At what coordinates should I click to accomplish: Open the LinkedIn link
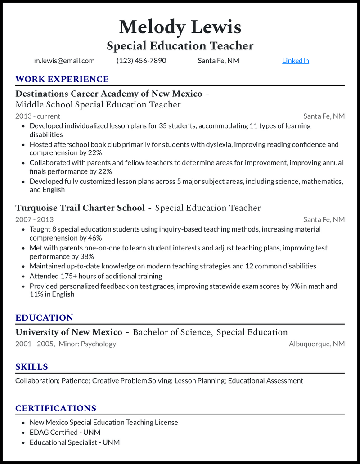295,61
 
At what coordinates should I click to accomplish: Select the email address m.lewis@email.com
64,61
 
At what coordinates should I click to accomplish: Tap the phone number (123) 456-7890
141,61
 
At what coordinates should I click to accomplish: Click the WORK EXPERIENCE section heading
62,80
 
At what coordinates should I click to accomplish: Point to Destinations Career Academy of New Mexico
108,94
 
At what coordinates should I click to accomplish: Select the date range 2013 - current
38,116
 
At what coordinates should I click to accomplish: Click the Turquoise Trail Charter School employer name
80,208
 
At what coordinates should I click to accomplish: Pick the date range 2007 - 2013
34,219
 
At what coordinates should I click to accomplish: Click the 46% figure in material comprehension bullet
94,238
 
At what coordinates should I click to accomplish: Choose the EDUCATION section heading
44,318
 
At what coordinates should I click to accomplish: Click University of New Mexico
69,332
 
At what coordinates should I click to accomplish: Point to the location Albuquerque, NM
317,344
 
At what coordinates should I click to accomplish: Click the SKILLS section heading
31,367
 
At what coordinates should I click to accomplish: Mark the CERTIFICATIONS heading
56,409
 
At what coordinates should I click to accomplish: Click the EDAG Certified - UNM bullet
65,433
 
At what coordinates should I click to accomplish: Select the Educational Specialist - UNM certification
75,442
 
